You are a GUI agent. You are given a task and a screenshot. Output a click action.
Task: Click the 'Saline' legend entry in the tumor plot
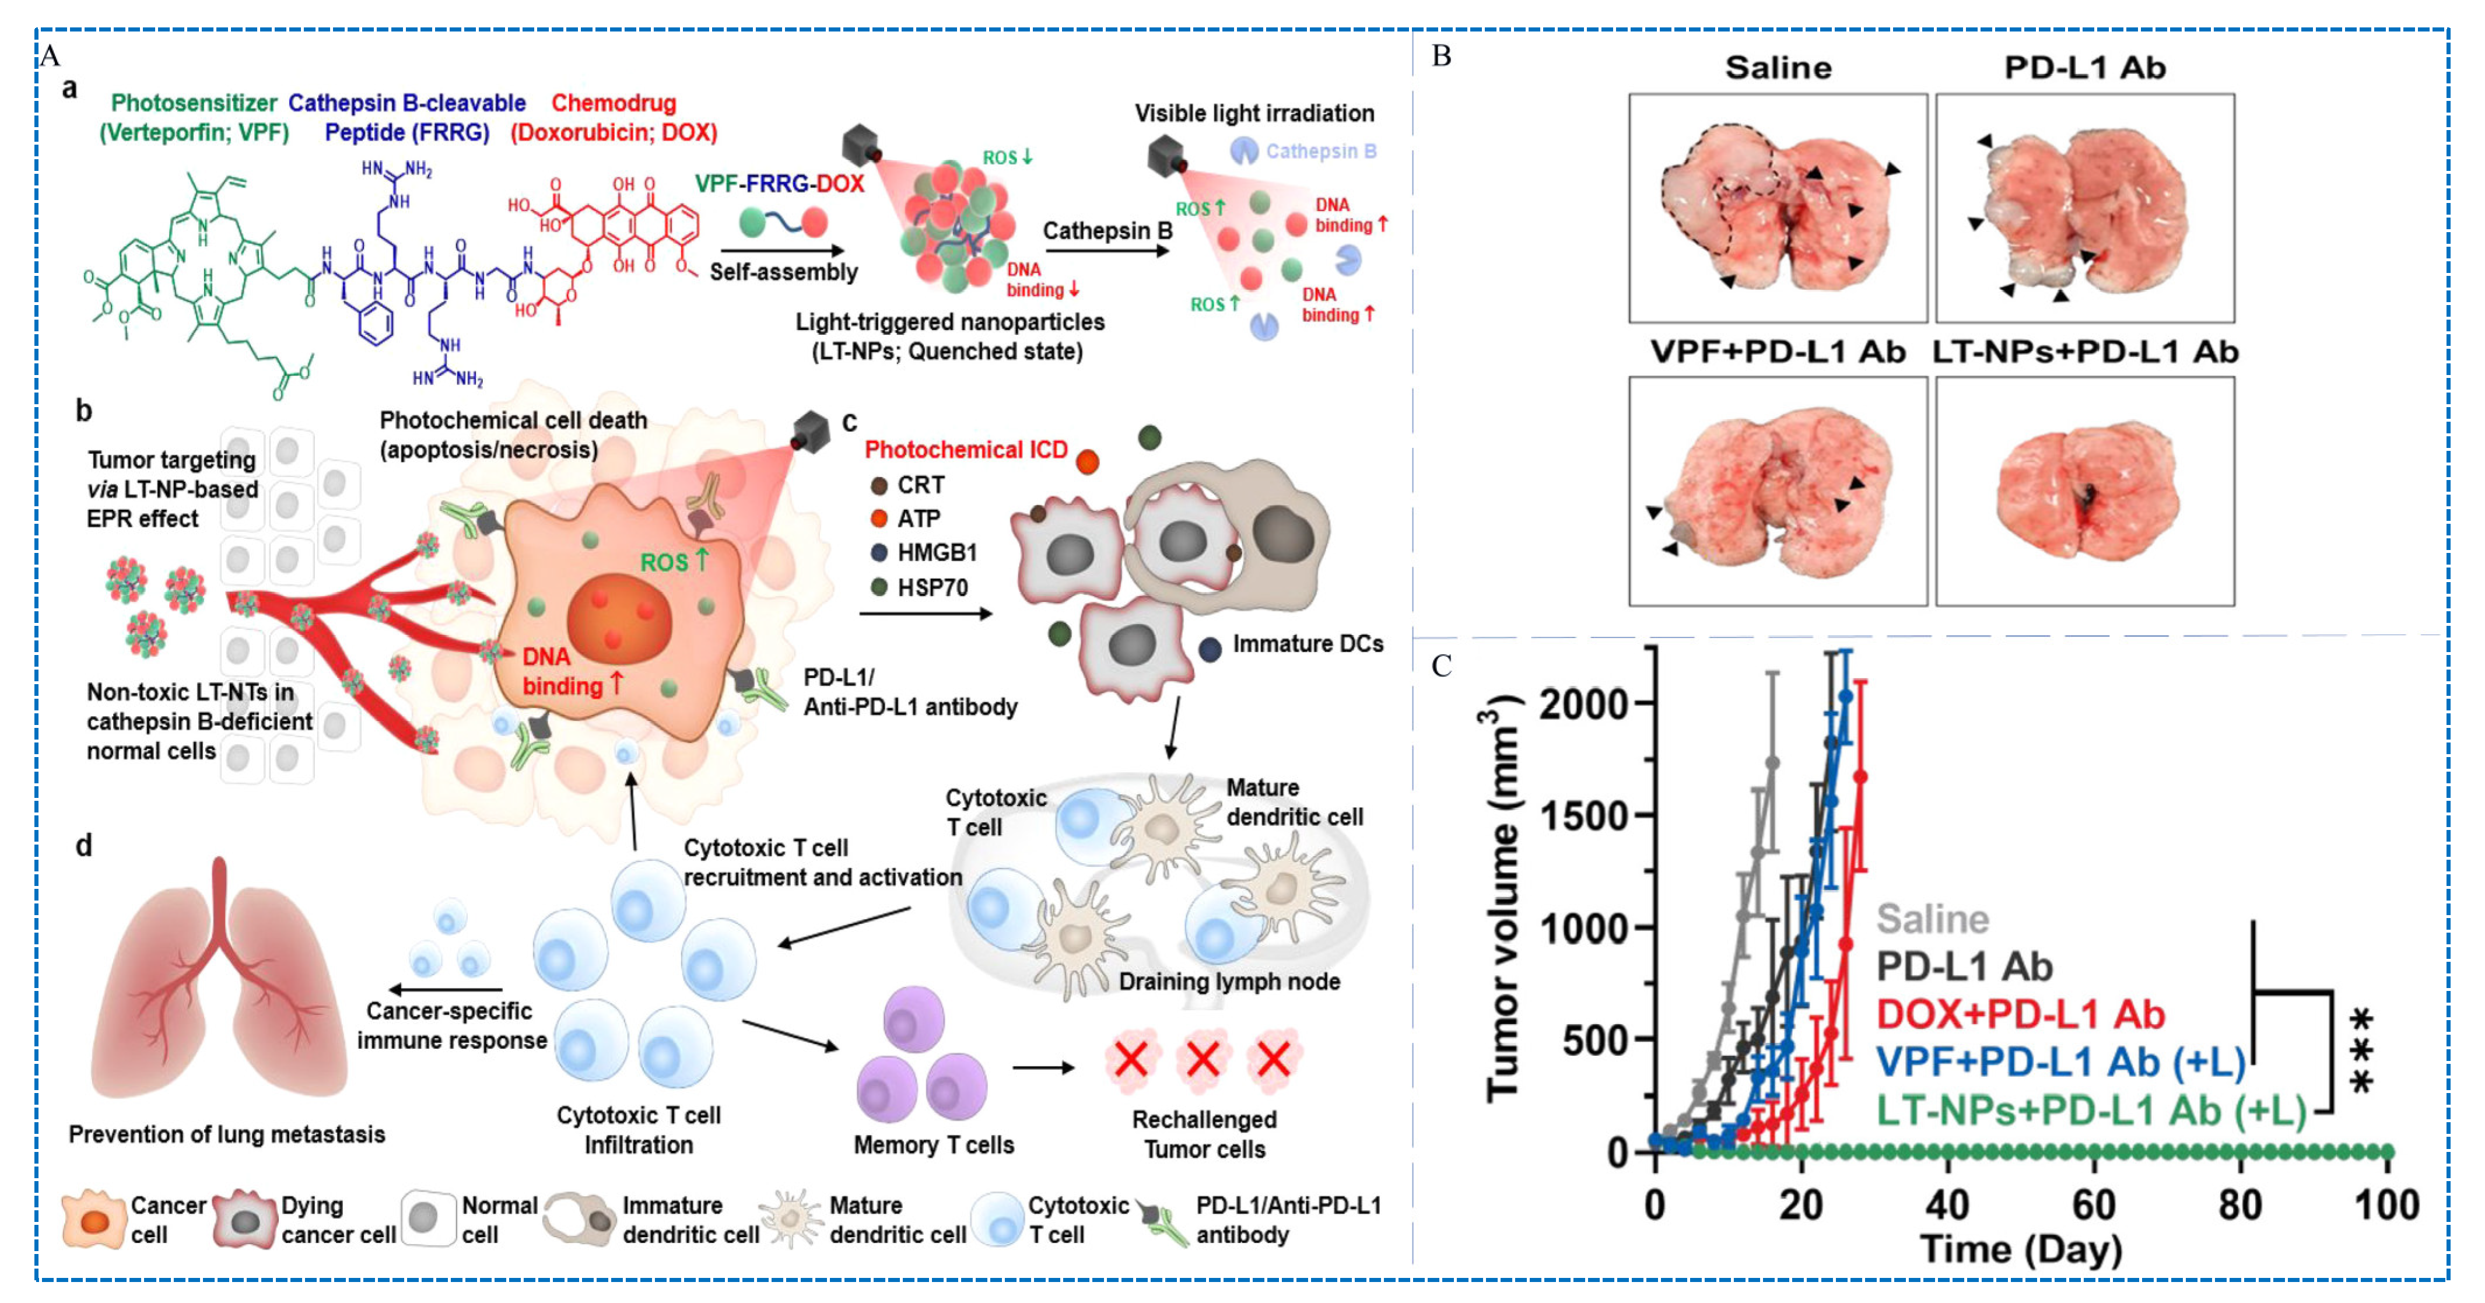pos(1932,919)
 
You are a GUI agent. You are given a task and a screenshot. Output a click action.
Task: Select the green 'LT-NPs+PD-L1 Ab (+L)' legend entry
pos(2090,1111)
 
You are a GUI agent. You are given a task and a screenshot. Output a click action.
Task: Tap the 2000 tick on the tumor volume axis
pos(1583,704)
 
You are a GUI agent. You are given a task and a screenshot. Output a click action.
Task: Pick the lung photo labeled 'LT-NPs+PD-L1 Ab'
pos(2085,491)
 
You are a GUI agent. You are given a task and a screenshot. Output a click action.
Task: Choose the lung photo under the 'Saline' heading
pos(1778,208)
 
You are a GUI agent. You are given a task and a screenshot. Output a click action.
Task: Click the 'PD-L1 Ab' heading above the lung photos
pos(2085,68)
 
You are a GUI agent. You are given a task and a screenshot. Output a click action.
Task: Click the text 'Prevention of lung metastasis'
pos(227,1134)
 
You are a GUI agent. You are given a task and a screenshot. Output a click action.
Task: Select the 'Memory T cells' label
pos(933,1145)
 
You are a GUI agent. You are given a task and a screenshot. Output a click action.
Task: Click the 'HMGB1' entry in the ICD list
pos(935,553)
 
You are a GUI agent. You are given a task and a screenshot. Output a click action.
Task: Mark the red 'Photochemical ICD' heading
pos(966,450)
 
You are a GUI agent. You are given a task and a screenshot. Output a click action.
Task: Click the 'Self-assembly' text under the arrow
pos(783,272)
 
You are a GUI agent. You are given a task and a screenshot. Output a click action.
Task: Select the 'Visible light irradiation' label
pos(1254,113)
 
